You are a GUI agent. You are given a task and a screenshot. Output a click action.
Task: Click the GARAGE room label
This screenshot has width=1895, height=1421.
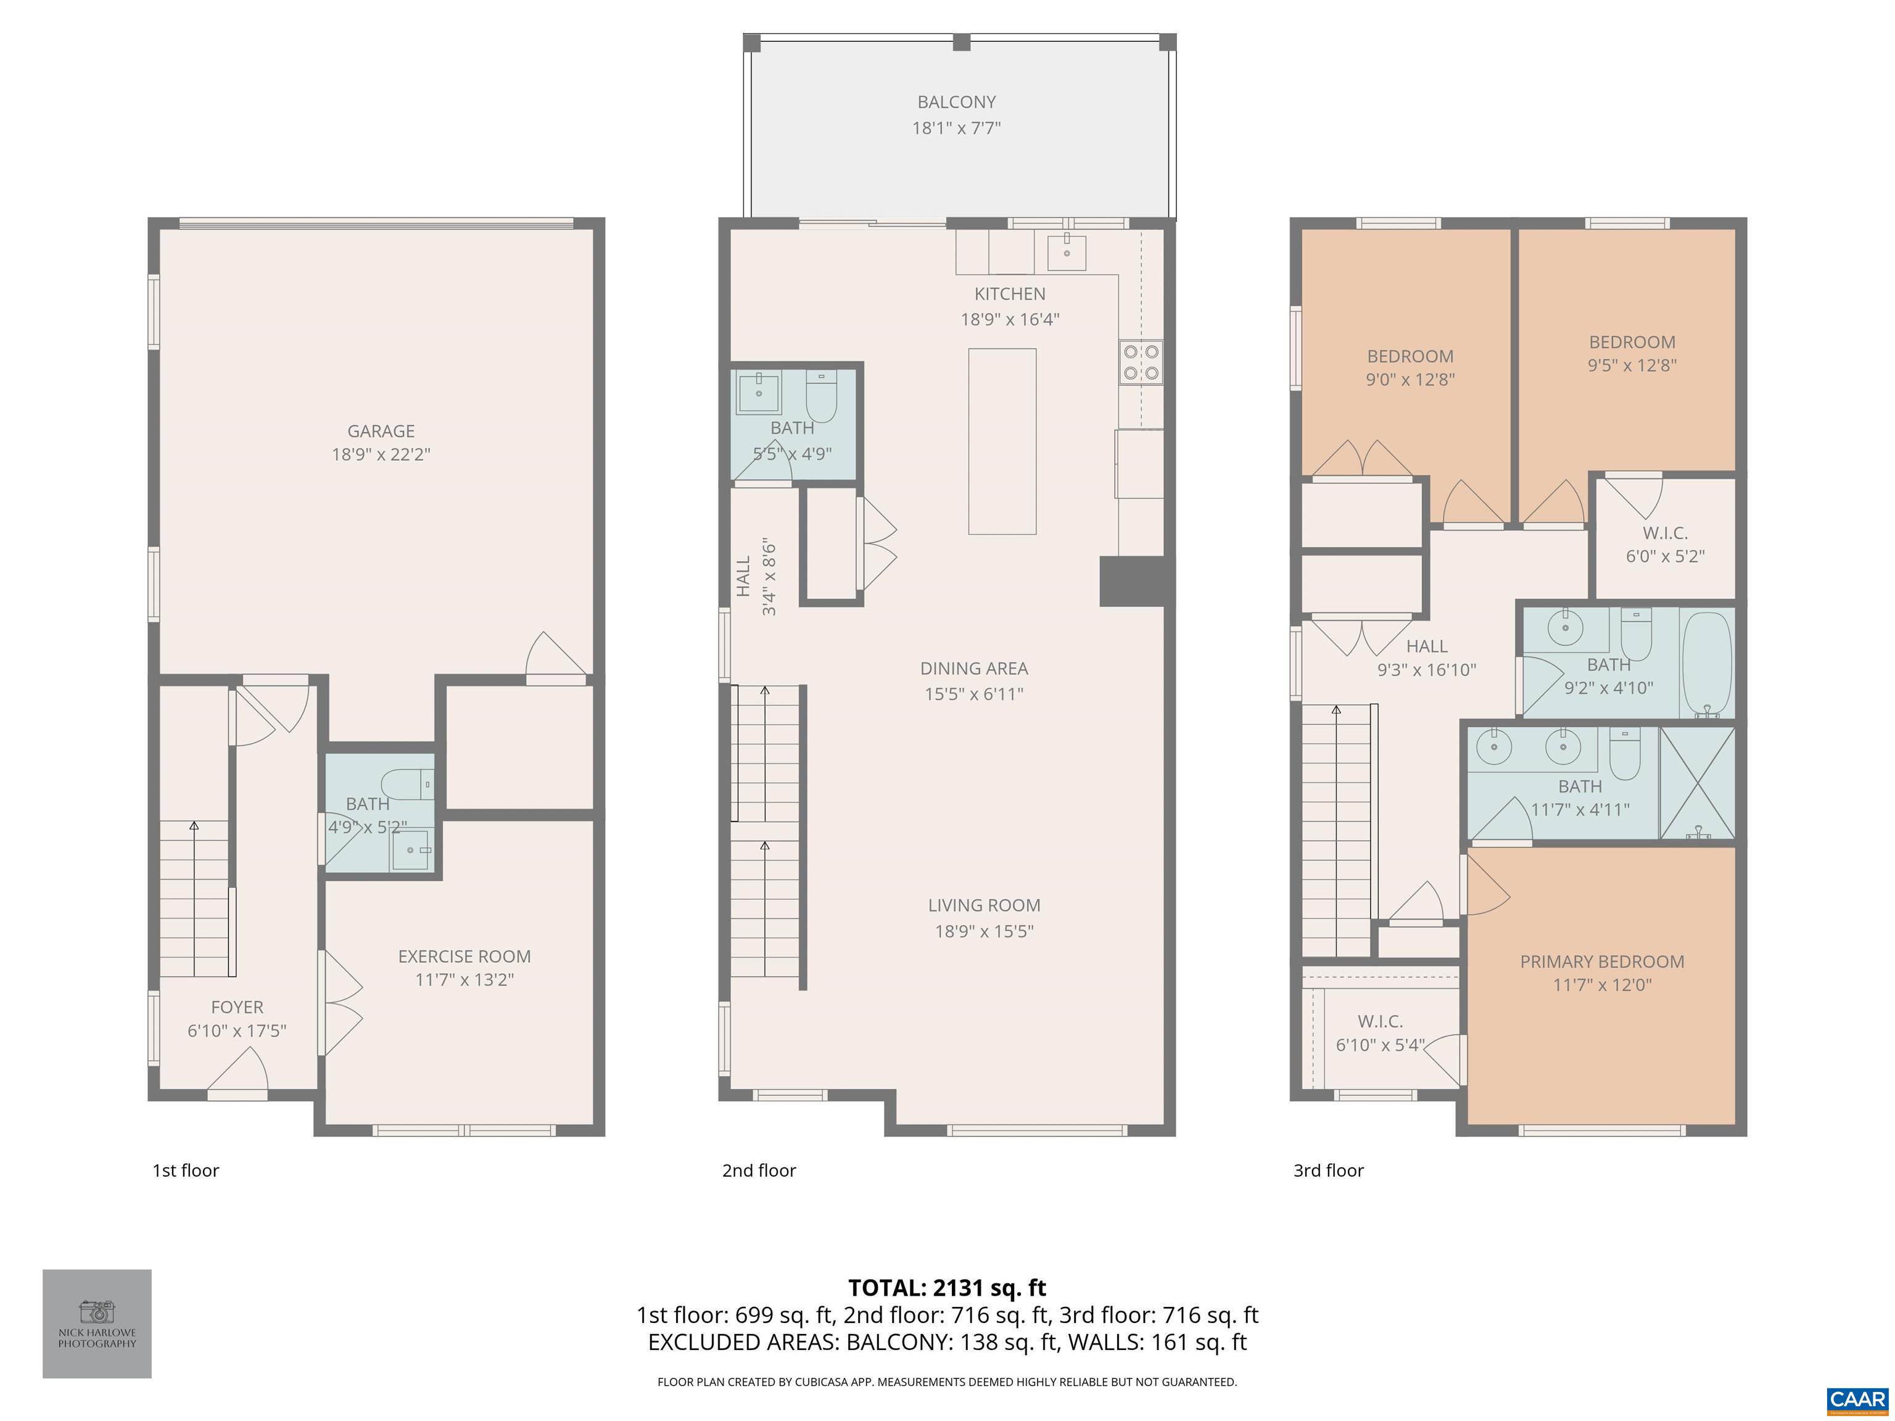381,431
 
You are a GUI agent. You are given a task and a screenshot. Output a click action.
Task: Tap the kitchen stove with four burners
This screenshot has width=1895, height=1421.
1140,361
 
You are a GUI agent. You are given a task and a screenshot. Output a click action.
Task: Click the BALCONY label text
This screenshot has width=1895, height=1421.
956,102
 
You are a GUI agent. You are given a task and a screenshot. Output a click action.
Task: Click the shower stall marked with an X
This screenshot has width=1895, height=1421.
1697,783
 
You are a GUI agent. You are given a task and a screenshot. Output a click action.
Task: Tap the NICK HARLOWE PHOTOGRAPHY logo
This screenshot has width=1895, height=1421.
97,1324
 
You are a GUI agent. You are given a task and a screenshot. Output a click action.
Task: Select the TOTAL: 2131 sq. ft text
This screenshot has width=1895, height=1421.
947,1287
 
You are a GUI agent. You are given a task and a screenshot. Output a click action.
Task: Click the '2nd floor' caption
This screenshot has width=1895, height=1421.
758,1170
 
